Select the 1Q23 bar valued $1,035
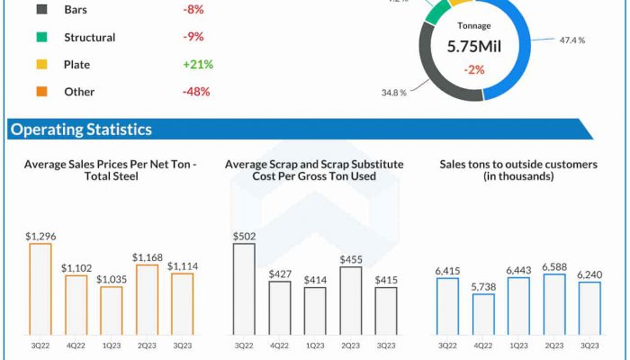pyautogui.click(x=112, y=311)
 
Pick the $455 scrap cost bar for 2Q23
pyautogui.click(x=351, y=301)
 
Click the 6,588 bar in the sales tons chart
pyautogui.click(x=554, y=305)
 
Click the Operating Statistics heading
pyautogui.click(x=81, y=130)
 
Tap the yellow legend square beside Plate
pyautogui.click(x=42, y=65)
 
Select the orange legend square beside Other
pyautogui.click(x=42, y=92)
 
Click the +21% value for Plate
pyautogui.click(x=197, y=65)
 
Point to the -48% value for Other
pyautogui.click(x=195, y=92)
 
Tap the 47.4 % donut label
pyautogui.click(x=571, y=40)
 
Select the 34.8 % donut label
pyautogui.click(x=394, y=93)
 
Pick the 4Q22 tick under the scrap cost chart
pyautogui.click(x=279, y=345)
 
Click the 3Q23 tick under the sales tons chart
pyautogui.click(x=589, y=345)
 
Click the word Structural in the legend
pyautogui.click(x=90, y=38)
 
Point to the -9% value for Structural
pyautogui.click(x=193, y=38)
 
